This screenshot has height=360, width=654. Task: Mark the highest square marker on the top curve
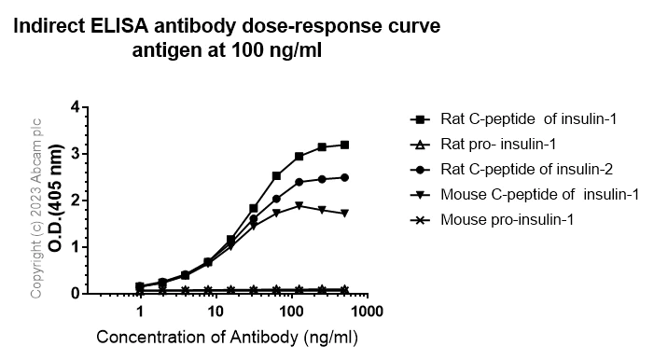point(345,145)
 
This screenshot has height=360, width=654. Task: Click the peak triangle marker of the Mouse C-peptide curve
point(299,205)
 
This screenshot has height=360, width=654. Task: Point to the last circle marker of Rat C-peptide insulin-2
point(345,177)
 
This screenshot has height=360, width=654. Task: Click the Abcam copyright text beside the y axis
point(38,207)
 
